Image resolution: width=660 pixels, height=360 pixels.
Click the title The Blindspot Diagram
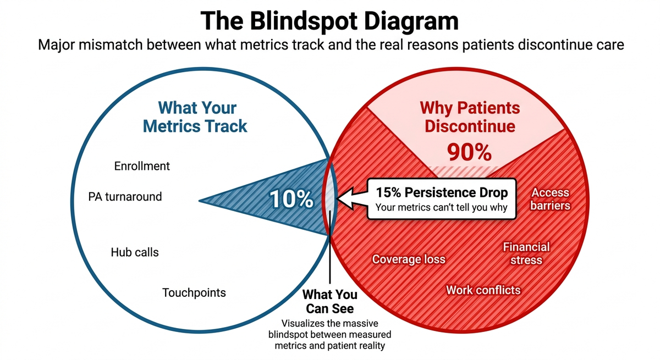tap(329, 20)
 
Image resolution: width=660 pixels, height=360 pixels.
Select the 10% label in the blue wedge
tap(291, 199)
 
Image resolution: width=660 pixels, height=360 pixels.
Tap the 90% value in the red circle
tap(469, 153)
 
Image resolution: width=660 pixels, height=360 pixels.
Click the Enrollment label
tap(142, 166)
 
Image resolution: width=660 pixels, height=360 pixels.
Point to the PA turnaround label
tap(125, 196)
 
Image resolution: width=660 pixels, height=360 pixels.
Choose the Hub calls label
tap(135, 252)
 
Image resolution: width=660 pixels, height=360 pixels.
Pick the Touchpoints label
tap(194, 292)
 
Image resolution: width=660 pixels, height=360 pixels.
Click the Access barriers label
tap(550, 199)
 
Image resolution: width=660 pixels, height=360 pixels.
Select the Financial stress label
tap(526, 253)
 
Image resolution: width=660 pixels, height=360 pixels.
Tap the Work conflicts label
tap(483, 290)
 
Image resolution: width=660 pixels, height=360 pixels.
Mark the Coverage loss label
tap(409, 259)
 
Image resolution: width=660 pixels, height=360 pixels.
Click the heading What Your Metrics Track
tap(195, 116)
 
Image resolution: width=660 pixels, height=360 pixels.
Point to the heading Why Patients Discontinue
tap(470, 116)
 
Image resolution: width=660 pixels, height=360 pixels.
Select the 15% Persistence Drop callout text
tap(442, 193)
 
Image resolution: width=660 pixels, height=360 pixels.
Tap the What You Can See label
tap(330, 301)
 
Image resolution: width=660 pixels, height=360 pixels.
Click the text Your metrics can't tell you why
tap(442, 208)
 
